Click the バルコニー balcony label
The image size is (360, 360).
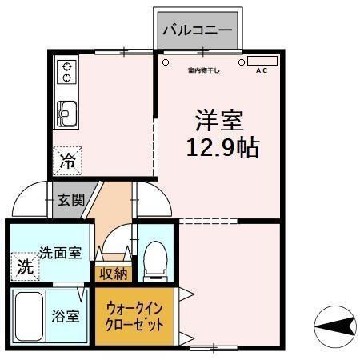tap(197, 30)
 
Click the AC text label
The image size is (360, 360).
tap(261, 70)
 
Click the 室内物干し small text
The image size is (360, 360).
tap(204, 70)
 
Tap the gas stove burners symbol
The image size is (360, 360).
tap(64, 73)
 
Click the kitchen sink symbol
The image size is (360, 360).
tap(66, 115)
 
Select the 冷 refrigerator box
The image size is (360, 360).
tap(67, 160)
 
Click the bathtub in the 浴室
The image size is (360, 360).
tap(30, 316)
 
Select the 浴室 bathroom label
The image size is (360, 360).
tap(66, 316)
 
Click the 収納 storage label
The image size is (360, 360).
tap(112, 273)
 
